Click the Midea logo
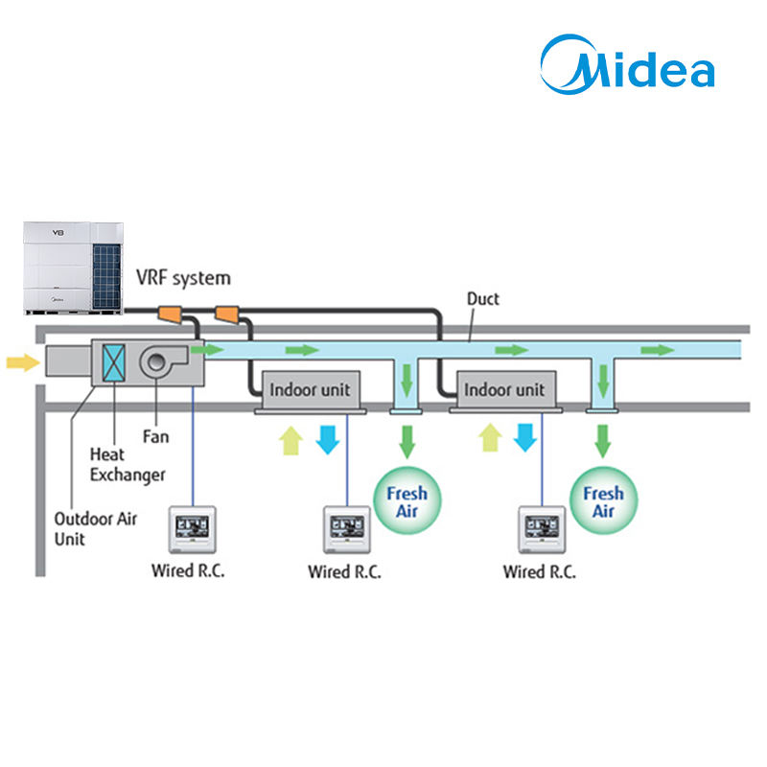coord(627,64)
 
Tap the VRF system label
coord(183,278)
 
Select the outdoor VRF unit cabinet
coord(74,268)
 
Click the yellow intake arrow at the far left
coord(23,362)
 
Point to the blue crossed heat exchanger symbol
coord(113,362)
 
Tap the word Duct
coord(483,299)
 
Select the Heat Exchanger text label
coord(128,465)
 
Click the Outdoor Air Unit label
coord(95,529)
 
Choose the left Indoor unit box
coord(311,390)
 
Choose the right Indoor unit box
coord(505,390)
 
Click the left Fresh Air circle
coord(407,500)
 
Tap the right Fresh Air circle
coord(604,500)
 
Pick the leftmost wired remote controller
coord(193,530)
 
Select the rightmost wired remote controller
coord(542,530)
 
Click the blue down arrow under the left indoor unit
coord(328,440)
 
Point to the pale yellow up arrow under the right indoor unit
coord(491,437)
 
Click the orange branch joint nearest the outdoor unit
coord(171,314)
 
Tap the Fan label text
coord(155,436)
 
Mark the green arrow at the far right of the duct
coord(658,350)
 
